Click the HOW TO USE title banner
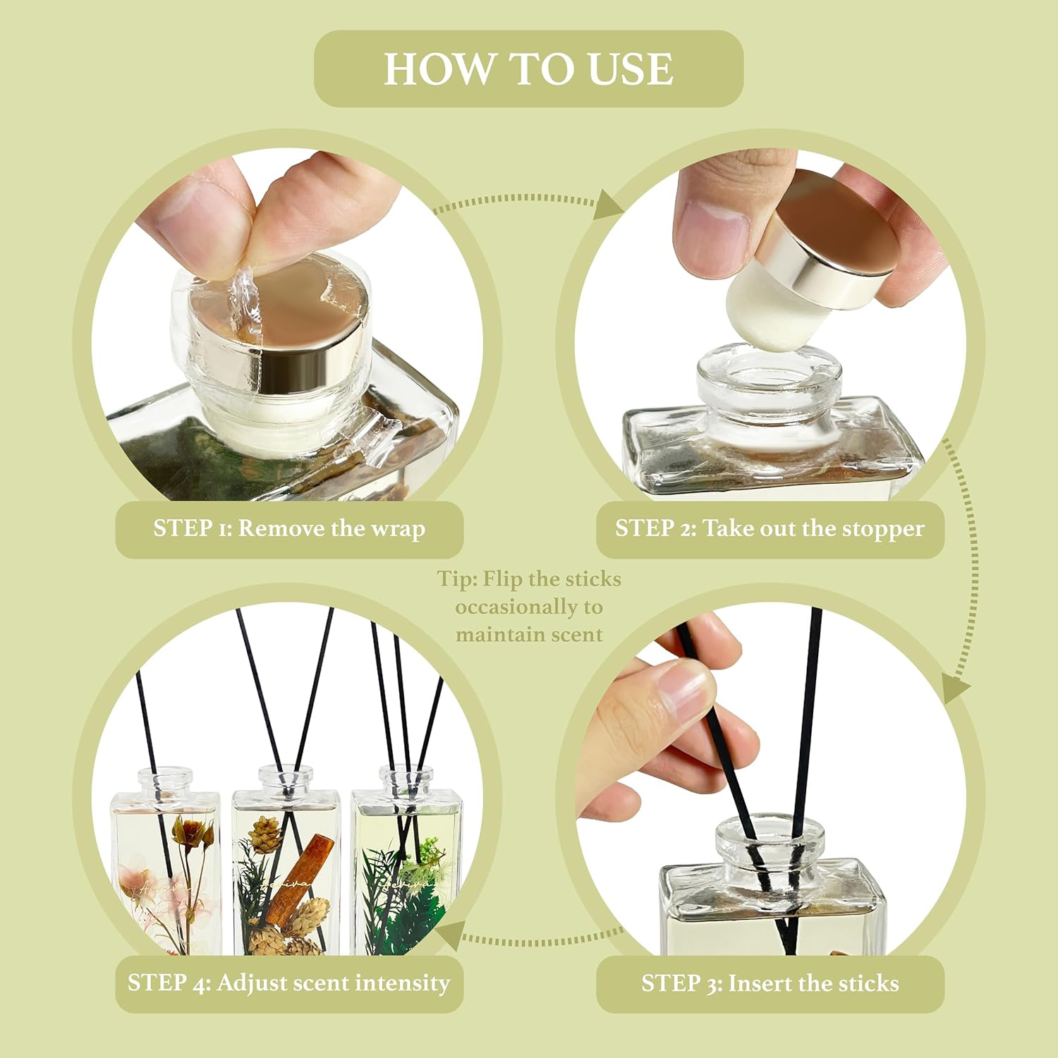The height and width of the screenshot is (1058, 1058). (528, 68)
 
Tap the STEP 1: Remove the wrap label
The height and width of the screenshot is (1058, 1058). (289, 529)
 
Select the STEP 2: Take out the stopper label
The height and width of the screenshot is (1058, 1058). (770, 529)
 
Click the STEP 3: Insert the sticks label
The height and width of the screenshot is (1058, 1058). (770, 983)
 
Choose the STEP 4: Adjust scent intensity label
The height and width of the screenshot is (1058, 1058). (289, 983)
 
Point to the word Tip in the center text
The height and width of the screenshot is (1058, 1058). (456, 579)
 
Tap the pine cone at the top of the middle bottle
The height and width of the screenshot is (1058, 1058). (267, 832)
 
